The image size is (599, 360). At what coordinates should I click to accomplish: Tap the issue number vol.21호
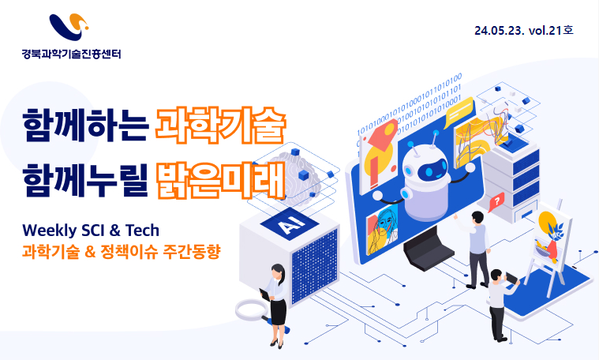coord(551,30)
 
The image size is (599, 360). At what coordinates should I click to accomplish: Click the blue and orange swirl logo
coord(69,27)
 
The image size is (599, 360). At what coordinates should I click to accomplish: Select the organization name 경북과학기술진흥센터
coord(72,54)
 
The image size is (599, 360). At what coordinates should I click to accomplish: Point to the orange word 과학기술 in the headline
coord(220,125)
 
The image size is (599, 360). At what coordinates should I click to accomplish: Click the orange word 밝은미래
coord(220,180)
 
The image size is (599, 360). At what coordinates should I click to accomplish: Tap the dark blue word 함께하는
coord(85,126)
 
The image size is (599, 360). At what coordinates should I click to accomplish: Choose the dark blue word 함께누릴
coord(84,180)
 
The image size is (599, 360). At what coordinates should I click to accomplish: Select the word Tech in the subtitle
coord(142,231)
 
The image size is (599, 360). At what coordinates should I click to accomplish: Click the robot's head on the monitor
coord(425,165)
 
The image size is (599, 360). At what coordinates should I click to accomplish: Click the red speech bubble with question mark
coord(496,202)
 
